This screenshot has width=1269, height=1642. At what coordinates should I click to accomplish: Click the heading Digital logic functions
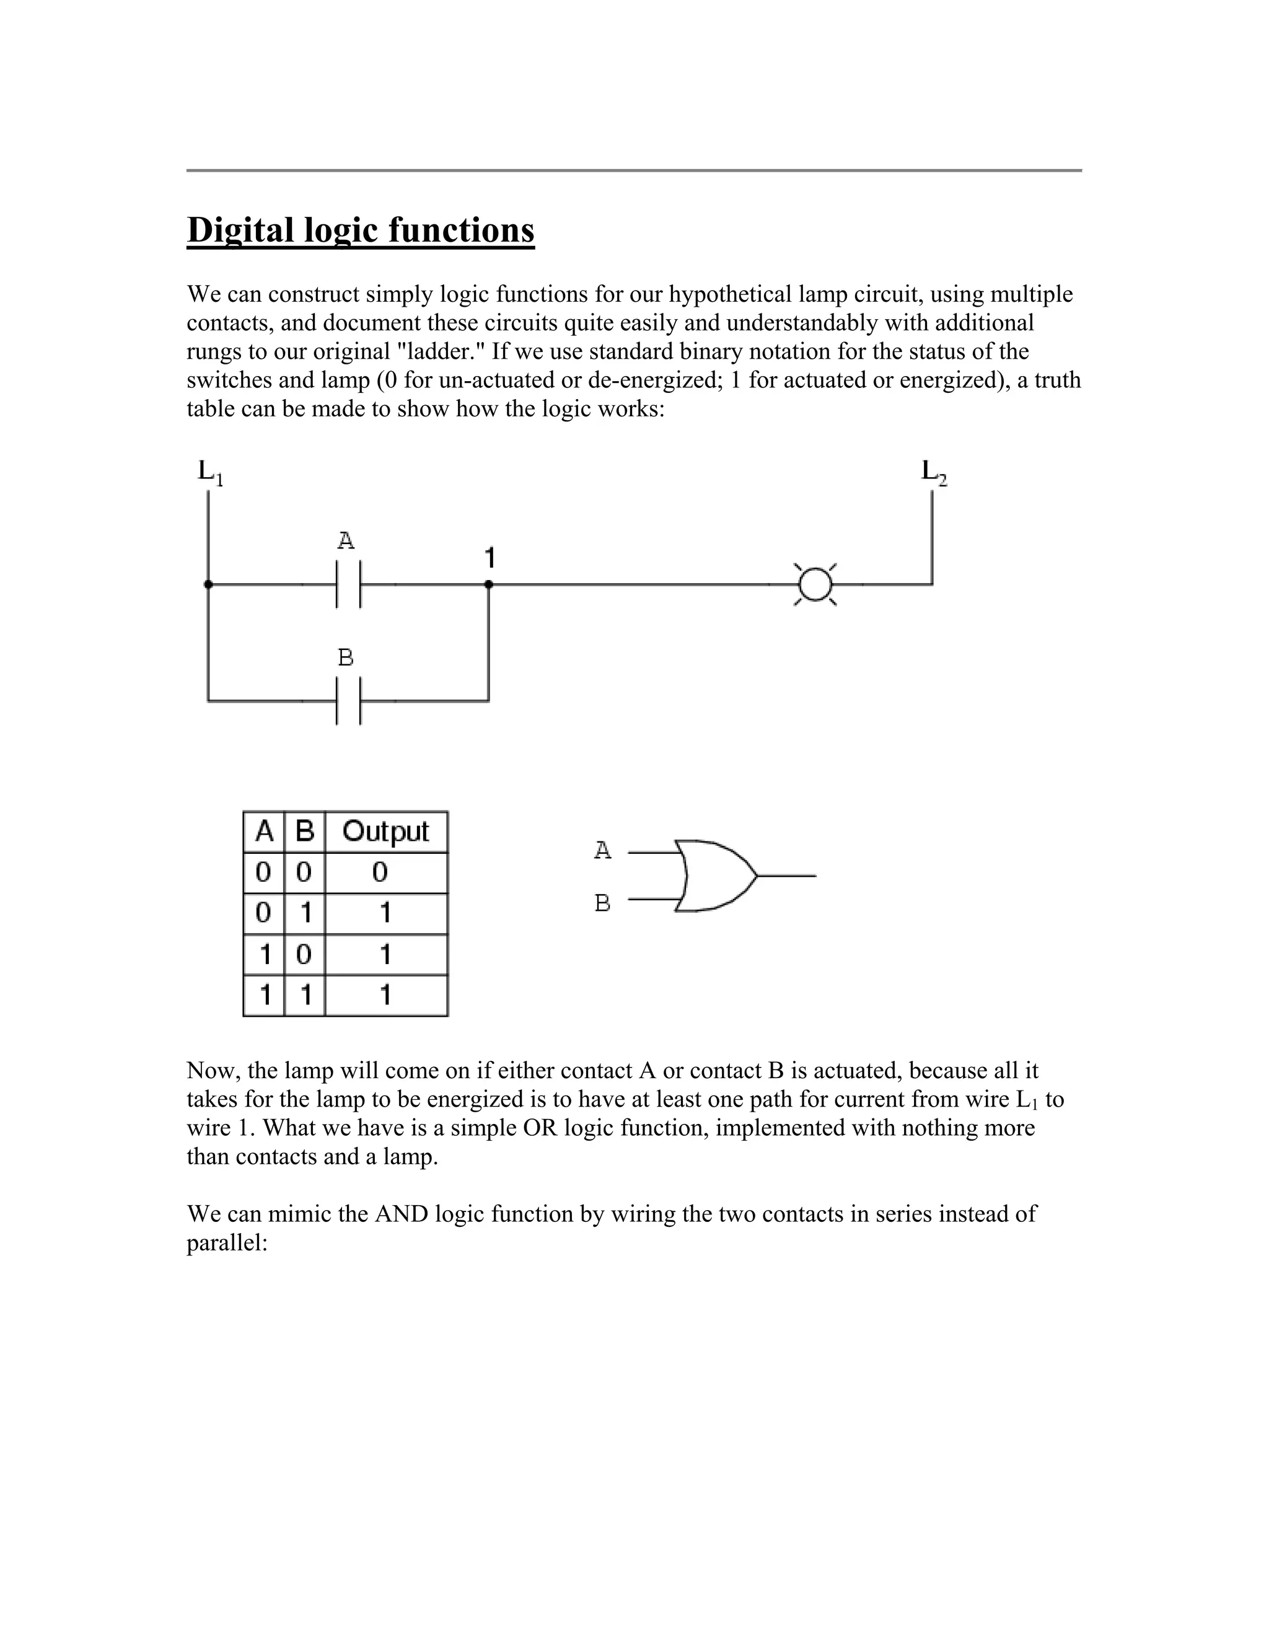click(360, 230)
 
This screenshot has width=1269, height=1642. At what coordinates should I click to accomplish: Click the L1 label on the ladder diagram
click(210, 472)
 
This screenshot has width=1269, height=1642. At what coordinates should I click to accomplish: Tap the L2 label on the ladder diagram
click(934, 472)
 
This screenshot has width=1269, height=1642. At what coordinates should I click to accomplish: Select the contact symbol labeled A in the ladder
click(348, 584)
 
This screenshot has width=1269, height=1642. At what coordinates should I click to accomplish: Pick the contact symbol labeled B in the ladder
click(348, 701)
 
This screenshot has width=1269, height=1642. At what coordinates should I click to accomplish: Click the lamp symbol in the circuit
click(815, 584)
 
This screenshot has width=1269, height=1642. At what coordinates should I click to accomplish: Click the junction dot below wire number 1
click(489, 584)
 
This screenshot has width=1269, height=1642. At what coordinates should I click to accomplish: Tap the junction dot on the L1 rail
click(208, 584)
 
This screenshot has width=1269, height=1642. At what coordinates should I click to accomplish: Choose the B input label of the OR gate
click(602, 902)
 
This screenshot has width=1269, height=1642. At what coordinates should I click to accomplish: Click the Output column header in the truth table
click(385, 832)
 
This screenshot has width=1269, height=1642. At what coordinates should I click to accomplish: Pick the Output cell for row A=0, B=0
click(380, 873)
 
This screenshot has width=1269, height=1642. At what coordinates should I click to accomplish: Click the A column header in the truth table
click(264, 832)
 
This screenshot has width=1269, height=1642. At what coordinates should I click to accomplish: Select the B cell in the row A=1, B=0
click(304, 955)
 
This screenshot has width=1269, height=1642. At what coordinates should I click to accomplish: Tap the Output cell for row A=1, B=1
click(385, 996)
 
